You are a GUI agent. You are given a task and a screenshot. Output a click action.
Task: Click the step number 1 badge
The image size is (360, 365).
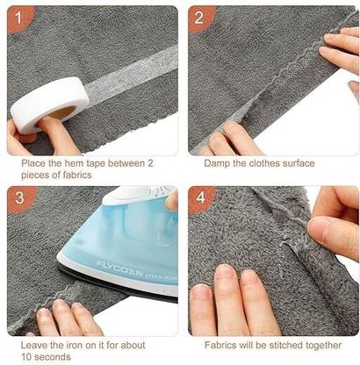pyautogui.click(x=18, y=18)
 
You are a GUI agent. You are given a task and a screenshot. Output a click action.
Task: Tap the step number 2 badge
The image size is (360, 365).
pyautogui.click(x=199, y=18)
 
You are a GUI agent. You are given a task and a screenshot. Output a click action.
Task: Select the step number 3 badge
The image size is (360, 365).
pyautogui.click(x=19, y=198)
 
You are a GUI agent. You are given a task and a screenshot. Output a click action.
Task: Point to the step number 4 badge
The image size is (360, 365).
pyautogui.click(x=200, y=198)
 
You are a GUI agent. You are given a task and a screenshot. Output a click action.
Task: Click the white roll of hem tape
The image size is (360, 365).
pyautogui.click(x=50, y=104)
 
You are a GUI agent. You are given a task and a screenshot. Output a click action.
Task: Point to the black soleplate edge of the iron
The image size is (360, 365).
pyautogui.click(x=117, y=283)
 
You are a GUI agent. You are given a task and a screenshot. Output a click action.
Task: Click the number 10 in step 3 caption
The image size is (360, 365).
pyautogui.click(x=26, y=357)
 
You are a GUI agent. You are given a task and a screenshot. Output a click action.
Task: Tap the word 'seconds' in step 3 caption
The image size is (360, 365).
pyautogui.click(x=53, y=357)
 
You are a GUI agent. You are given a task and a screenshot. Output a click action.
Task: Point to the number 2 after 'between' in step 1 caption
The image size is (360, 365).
pyautogui.click(x=150, y=163)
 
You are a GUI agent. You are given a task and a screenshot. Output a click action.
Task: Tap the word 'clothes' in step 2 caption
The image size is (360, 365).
pyautogui.click(x=263, y=163)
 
